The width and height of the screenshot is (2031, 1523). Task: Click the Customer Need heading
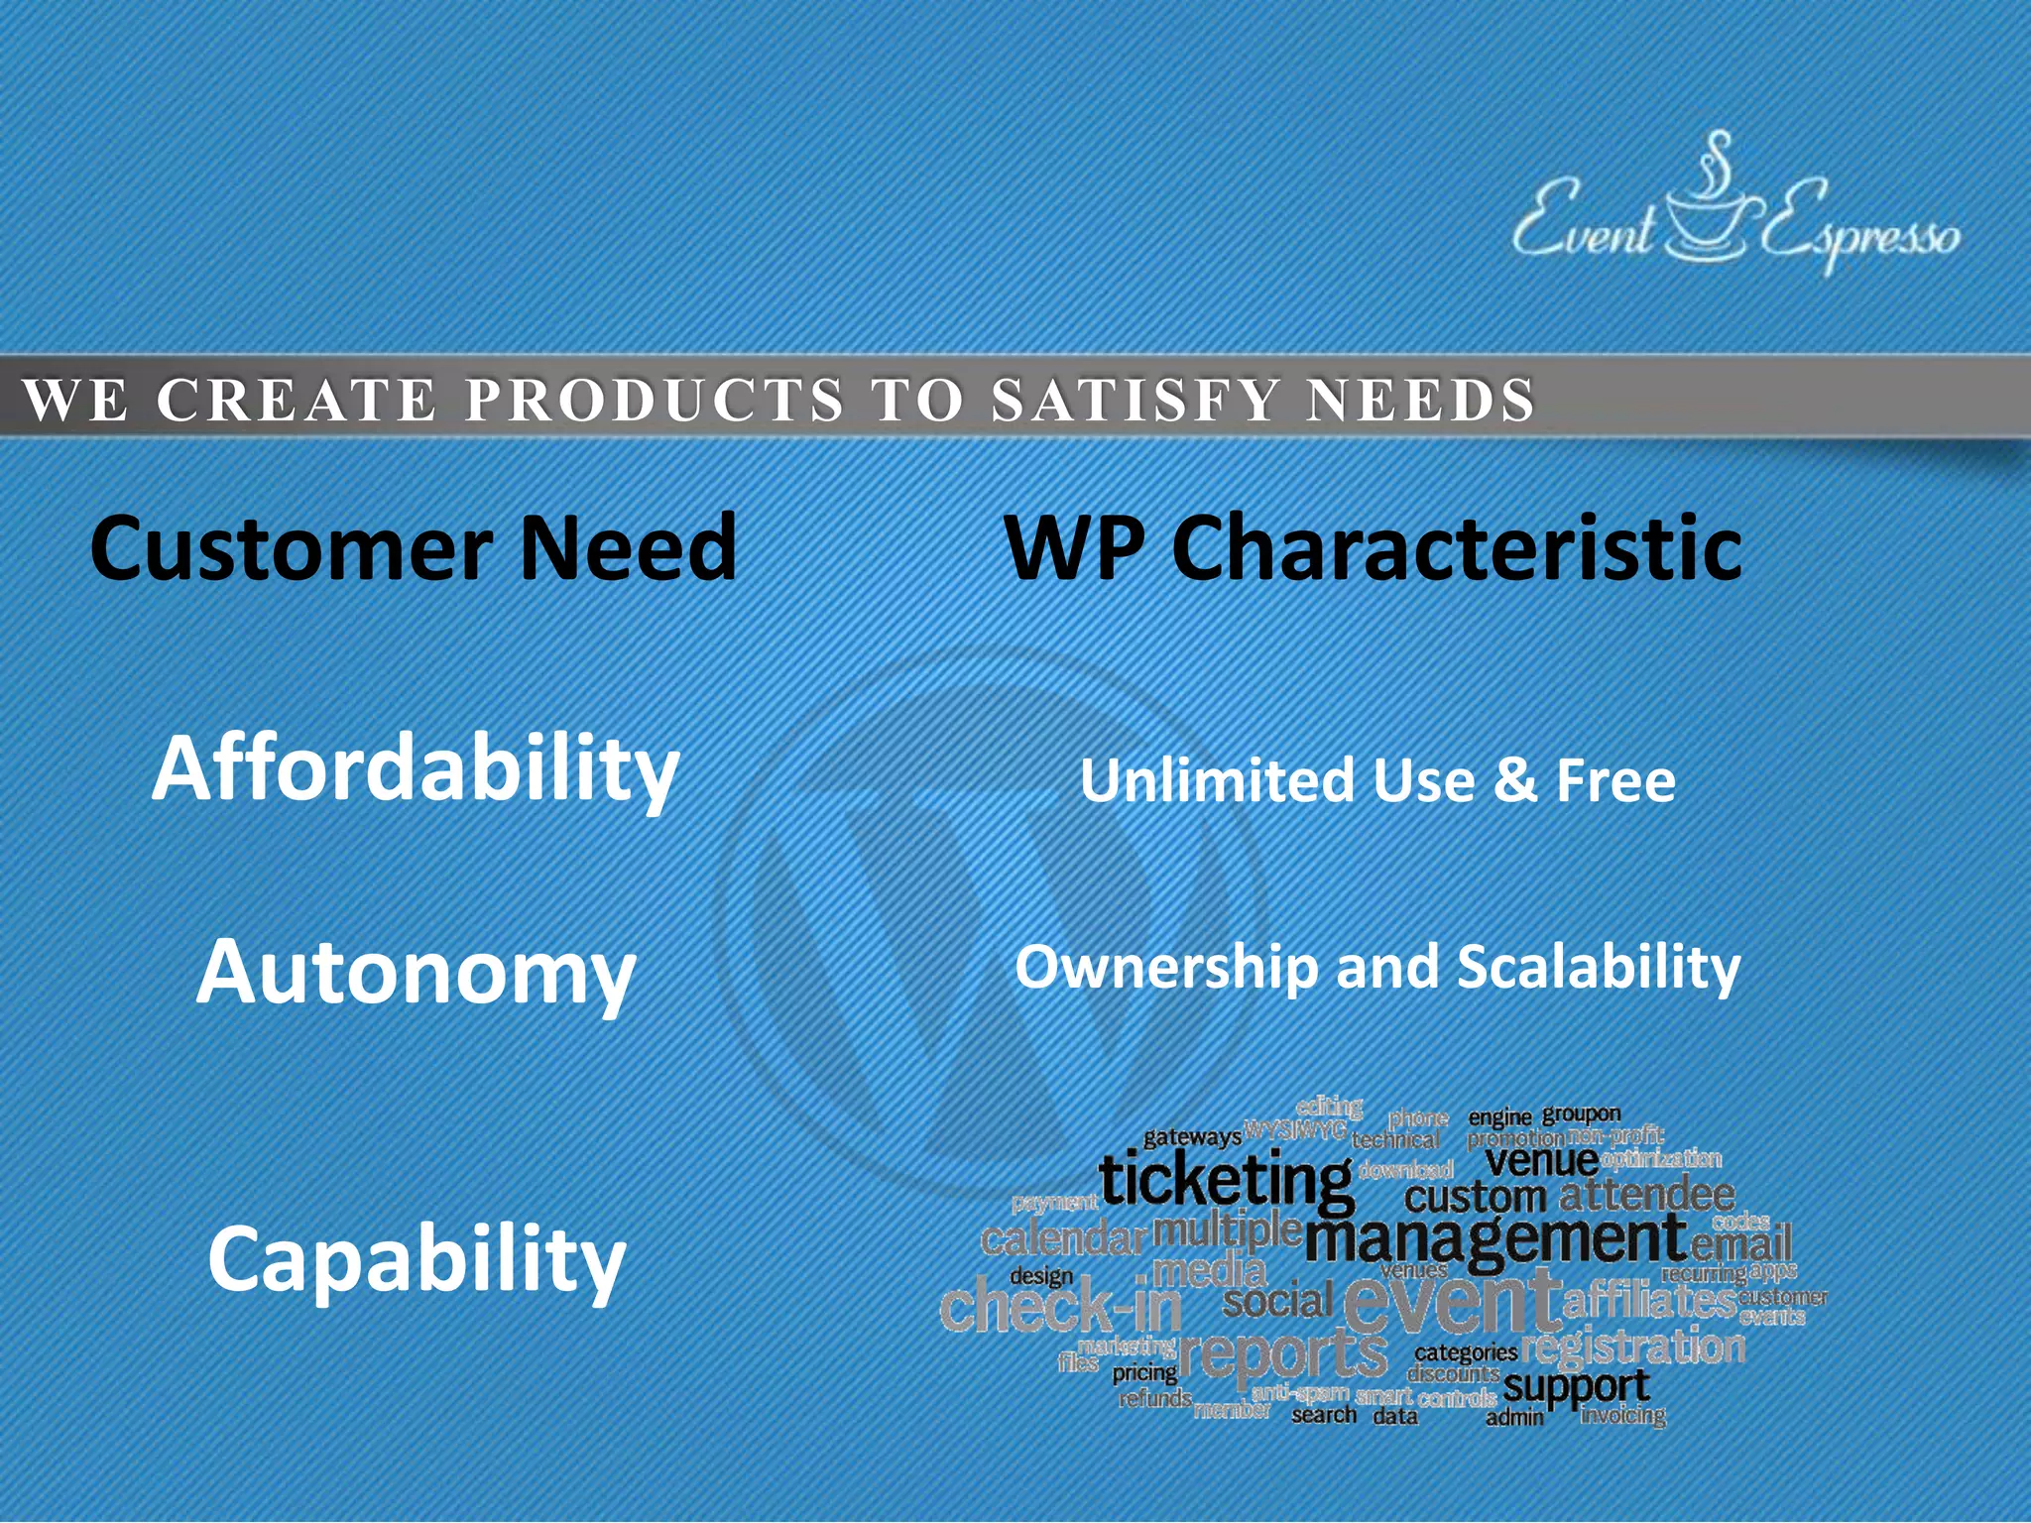pos(414,547)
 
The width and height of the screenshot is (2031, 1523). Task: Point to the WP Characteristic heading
pos(1374,547)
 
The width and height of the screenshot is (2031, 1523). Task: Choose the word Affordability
pos(416,770)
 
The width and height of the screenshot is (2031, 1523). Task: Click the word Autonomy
pos(416,973)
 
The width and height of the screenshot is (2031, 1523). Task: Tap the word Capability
pos(417,1259)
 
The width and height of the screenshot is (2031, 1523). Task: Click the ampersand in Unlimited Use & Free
pos(1514,780)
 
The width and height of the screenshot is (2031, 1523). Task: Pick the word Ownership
pos(1166,967)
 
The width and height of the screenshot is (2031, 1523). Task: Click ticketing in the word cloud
pos(1226,1182)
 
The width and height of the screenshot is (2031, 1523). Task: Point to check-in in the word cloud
pos(1060,1308)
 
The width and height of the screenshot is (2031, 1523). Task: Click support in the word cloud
pos(1577,1386)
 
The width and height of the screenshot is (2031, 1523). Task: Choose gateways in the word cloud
pos(1191,1137)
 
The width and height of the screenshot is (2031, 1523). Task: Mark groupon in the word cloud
pos(1581,1113)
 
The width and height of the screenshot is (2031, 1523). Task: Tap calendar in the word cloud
pos(1062,1239)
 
